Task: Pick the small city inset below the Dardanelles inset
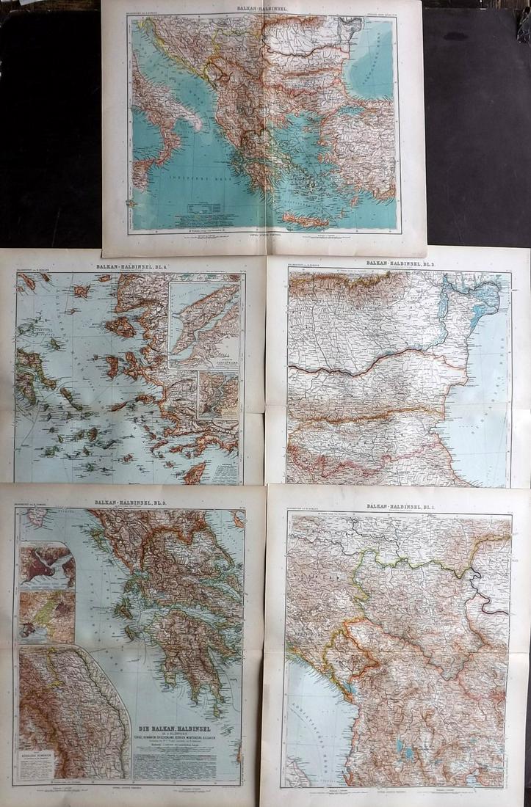[x=218, y=394]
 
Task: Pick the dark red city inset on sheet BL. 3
[x=47, y=565]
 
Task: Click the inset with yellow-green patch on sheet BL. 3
[x=47, y=616]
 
